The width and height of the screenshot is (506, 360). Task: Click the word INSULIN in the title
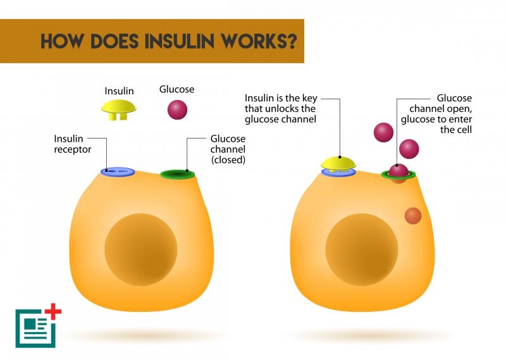click(180, 41)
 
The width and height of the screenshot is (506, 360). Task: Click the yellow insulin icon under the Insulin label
click(120, 110)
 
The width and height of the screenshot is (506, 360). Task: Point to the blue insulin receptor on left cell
click(118, 171)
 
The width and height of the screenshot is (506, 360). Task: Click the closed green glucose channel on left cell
click(178, 173)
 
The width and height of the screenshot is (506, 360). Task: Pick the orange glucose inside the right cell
click(413, 216)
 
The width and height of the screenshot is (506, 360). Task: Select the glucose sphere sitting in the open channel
click(398, 170)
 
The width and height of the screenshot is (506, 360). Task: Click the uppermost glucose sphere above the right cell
click(384, 132)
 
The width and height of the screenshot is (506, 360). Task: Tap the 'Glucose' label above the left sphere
click(176, 89)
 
